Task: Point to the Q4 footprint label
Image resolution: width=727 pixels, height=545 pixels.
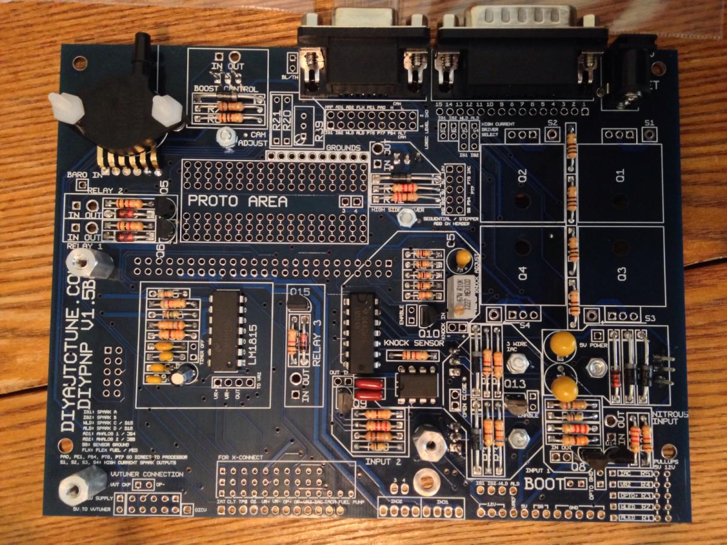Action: pyautogui.click(x=522, y=273)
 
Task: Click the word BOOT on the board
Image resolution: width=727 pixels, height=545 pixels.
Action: pyautogui.click(x=544, y=484)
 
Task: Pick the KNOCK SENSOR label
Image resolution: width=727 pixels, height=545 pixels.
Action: pyautogui.click(x=414, y=343)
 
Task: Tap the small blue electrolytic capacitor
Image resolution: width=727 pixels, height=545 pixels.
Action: pyautogui.click(x=182, y=377)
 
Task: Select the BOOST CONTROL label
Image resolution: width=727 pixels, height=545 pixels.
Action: pyautogui.click(x=225, y=88)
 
